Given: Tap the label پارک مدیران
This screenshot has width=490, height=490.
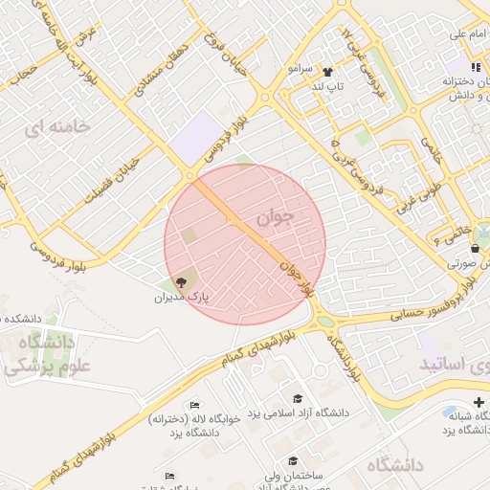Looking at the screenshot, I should point(182,298).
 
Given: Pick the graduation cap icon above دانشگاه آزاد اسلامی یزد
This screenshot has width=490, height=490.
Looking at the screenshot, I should point(298,399).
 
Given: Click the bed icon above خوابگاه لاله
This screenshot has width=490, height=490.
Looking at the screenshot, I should point(195,406).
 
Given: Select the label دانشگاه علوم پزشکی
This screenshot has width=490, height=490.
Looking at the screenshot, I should point(46,354).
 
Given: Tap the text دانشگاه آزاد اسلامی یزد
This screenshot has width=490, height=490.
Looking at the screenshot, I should point(300,413).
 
